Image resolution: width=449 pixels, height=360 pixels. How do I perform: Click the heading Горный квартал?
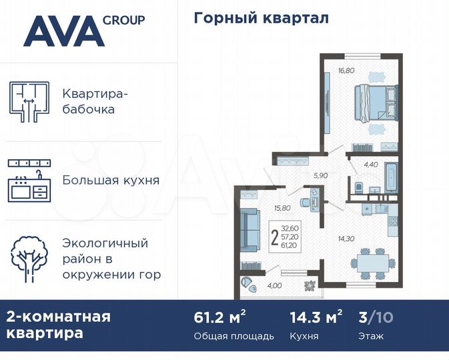261,18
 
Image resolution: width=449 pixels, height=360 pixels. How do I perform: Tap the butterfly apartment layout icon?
29,101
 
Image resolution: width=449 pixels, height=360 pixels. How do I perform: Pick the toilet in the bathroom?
359,185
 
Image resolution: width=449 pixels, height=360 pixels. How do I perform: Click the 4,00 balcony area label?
274,286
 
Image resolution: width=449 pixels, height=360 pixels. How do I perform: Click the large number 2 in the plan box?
275,237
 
